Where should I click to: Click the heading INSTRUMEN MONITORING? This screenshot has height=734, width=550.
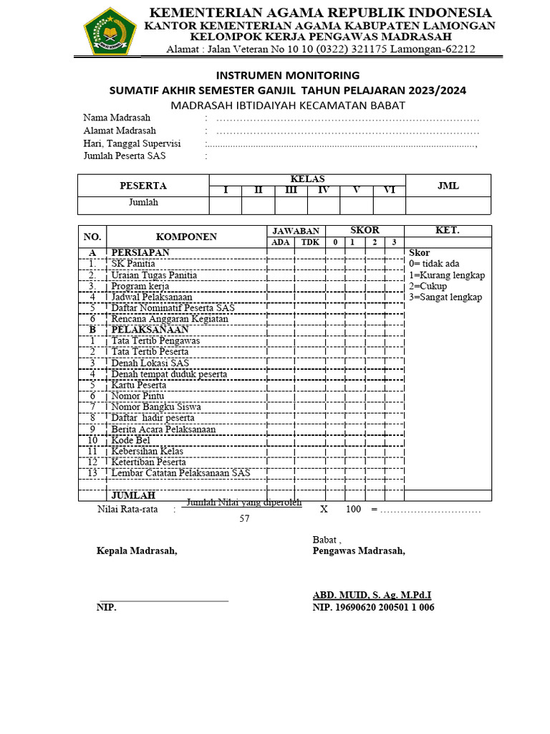(287, 75)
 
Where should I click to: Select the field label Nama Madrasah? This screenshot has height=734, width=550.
(117, 118)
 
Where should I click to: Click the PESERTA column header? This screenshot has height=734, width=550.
(143, 186)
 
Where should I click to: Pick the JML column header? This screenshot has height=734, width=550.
(448, 186)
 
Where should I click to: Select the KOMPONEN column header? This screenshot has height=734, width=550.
(186, 237)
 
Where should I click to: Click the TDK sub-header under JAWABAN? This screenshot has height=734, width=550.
(310, 242)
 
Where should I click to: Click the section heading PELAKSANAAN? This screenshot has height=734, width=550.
(150, 330)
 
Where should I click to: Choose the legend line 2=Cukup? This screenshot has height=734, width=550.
(428, 286)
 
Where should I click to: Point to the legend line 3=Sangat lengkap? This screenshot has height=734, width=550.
(445, 297)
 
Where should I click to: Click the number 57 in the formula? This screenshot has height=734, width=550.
(244, 519)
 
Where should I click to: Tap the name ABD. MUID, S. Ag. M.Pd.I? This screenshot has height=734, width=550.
(372, 595)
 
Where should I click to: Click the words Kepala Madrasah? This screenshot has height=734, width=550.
(136, 550)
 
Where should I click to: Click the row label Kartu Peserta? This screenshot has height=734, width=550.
(138, 385)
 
